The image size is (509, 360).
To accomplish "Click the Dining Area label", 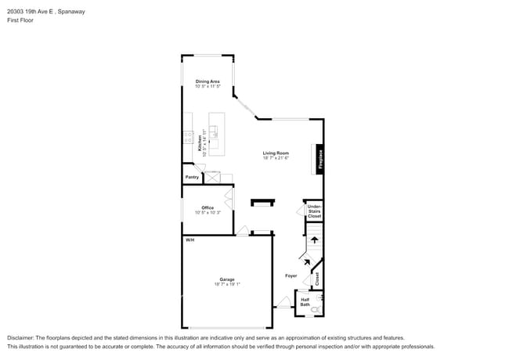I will coord(208,81).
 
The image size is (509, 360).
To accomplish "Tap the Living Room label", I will coord(276,153).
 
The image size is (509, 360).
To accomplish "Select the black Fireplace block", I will coord(319,158).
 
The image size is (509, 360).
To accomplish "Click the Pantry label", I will coord(192,177).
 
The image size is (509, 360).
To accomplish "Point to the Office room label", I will coord(208,208).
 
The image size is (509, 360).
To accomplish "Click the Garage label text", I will coord(227,279).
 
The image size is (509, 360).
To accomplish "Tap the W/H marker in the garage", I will coord(190,240).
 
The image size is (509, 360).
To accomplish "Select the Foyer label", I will coord(291,276).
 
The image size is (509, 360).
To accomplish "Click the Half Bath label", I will coord(305,301).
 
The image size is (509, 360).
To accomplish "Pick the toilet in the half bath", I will coord(315,310).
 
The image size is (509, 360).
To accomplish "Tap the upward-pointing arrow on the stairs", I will coord(314,240).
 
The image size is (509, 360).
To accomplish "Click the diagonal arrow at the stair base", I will coord(306,262).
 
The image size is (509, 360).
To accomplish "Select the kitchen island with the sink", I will coord(216,134).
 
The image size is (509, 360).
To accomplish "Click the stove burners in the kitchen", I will coord(188,136).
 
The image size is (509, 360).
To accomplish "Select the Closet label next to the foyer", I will coord(317,279).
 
